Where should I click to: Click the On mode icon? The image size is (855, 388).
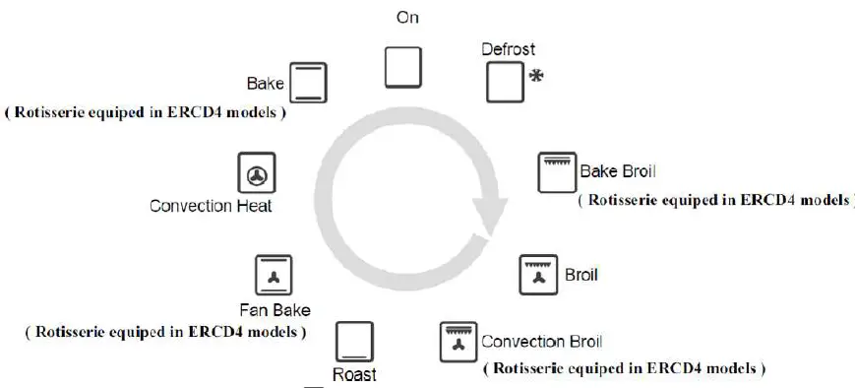pyautogui.click(x=402, y=66)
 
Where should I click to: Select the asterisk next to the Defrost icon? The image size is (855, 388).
pyautogui.click(x=537, y=76)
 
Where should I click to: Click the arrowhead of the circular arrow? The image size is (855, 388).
pyautogui.click(x=488, y=213)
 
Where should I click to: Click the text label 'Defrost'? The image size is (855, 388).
pyautogui.click(x=508, y=47)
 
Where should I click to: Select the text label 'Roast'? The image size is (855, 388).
pyautogui.click(x=353, y=374)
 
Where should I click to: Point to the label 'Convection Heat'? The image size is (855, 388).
pyautogui.click(x=211, y=207)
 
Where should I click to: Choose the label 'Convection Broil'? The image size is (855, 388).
pyautogui.click(x=541, y=343)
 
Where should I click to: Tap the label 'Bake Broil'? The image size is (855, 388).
pyautogui.click(x=617, y=171)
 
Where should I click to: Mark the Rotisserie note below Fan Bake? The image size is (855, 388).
pyautogui.click(x=165, y=332)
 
